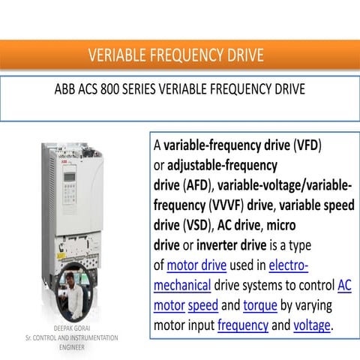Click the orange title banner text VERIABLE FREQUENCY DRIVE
[x=176, y=55]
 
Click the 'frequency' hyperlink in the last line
[x=243, y=325]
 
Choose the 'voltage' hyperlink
[x=312, y=325]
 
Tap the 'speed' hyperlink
[x=203, y=305]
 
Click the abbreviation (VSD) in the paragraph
[x=196, y=224]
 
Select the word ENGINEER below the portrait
[x=73, y=347]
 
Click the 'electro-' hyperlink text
[x=288, y=265]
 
